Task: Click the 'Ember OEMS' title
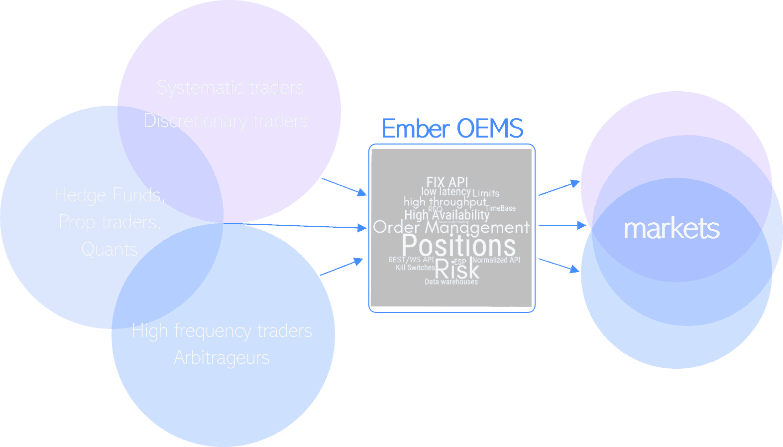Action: (452, 129)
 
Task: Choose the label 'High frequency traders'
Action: (222, 331)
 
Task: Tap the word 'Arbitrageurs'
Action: (222, 357)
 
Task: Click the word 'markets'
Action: (671, 229)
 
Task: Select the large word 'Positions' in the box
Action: (458, 245)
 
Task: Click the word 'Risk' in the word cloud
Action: (457, 270)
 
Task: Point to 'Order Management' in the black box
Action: (451, 227)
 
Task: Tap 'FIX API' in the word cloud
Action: (447, 182)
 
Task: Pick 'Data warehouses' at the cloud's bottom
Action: (451, 282)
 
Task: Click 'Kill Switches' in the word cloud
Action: (415, 268)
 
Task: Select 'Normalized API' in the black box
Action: (496, 260)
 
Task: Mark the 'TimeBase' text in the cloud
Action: (500, 208)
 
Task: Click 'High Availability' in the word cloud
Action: (447, 215)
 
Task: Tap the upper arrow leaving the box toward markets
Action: (559, 188)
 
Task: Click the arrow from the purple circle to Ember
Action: (344, 186)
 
